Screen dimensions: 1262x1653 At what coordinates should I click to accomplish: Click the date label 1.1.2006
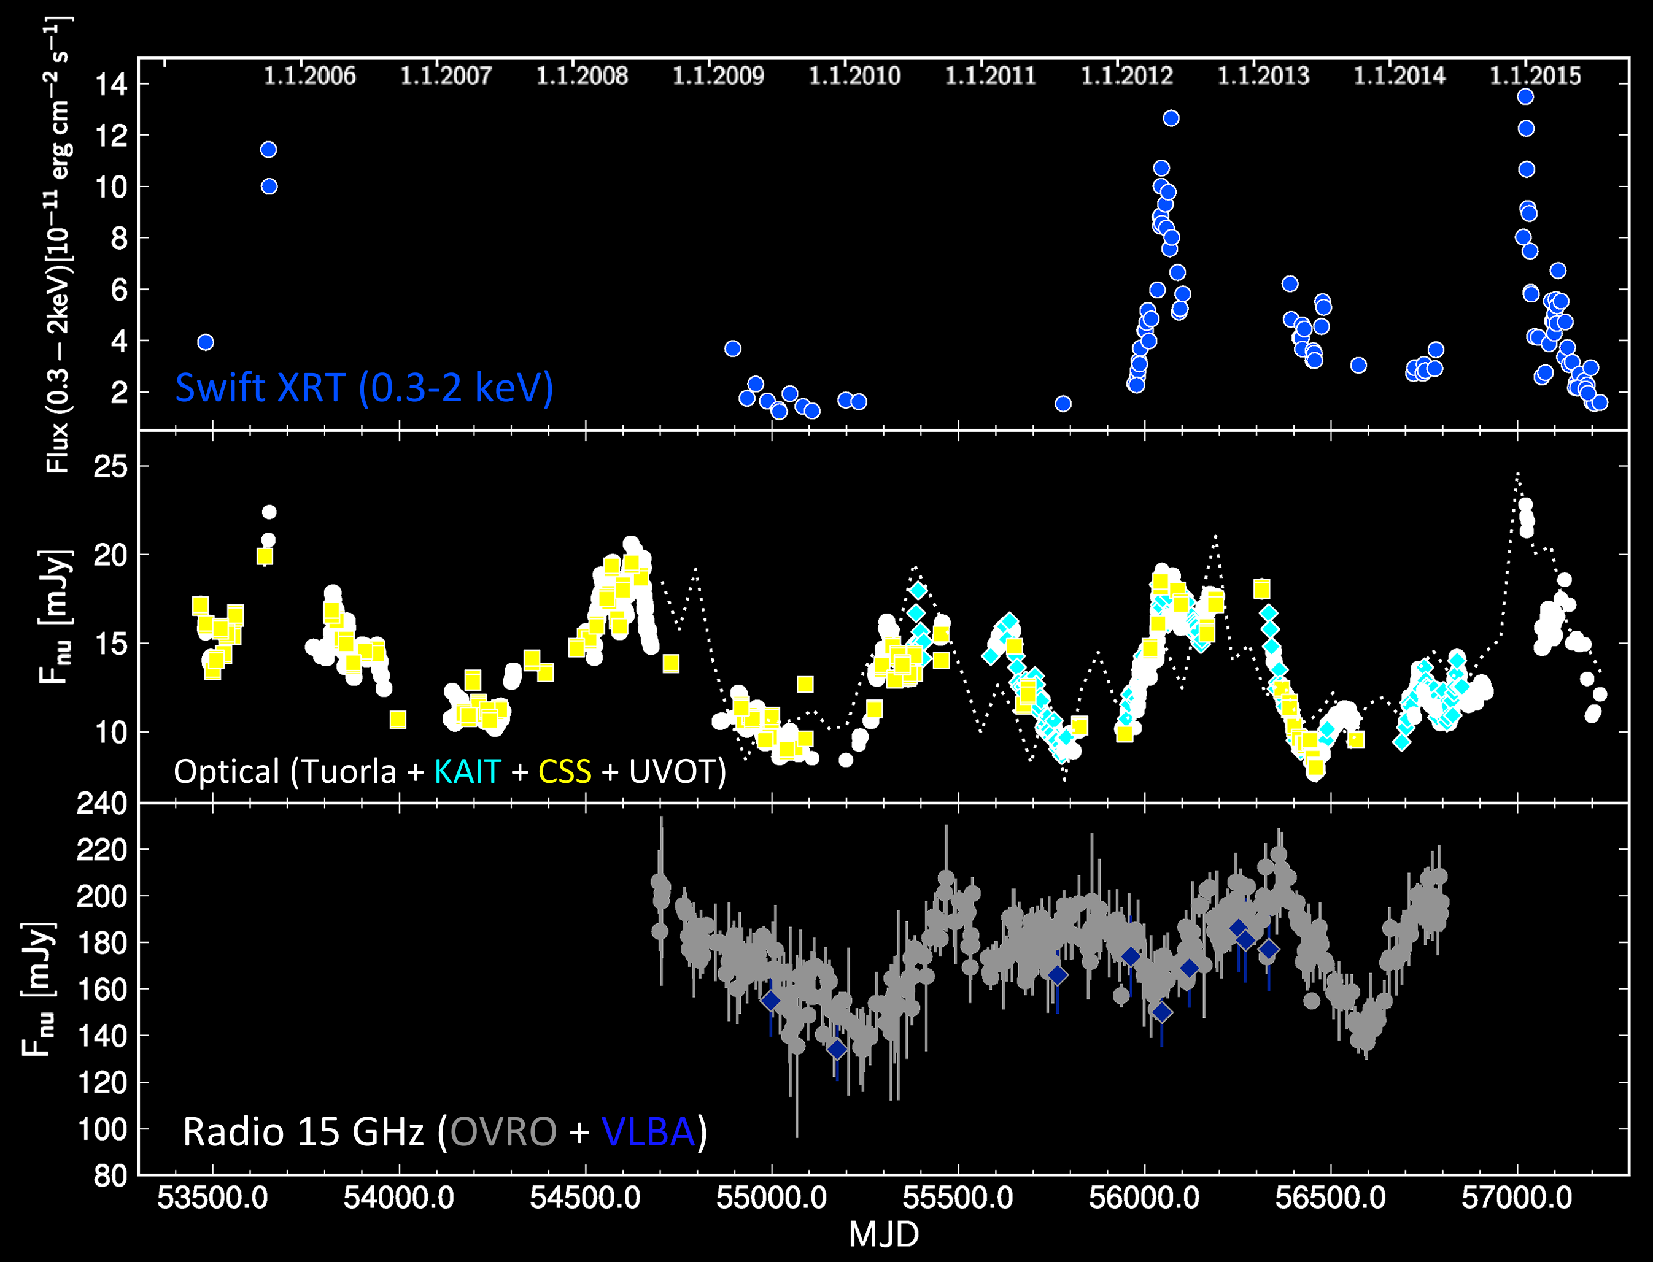coord(309,76)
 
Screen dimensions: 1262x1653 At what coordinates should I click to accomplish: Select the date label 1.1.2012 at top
coord(1126,76)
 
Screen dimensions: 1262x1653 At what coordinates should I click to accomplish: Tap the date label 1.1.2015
coord(1535,76)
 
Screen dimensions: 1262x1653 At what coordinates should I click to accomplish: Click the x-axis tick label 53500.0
coord(212,1198)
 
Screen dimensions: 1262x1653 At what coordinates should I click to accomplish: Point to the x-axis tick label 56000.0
coord(1144,1198)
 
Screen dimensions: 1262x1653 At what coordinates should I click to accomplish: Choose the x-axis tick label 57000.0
coord(1517,1198)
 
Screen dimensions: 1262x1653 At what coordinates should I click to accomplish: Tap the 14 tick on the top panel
coord(111,84)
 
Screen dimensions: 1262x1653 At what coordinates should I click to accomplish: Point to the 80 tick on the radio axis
coord(111,1175)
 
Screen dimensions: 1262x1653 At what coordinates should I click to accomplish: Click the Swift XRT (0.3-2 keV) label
coord(365,388)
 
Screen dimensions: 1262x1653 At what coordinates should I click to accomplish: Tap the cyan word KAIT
coord(467,771)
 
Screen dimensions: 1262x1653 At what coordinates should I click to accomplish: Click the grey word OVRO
coord(503,1132)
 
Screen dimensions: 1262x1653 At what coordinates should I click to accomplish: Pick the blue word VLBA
coord(648,1132)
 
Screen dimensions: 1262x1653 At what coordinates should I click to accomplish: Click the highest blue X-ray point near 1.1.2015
coord(1525,96)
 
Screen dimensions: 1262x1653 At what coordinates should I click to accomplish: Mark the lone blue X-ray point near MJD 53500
coord(205,342)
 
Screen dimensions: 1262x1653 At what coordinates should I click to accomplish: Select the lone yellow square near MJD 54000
coord(398,720)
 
